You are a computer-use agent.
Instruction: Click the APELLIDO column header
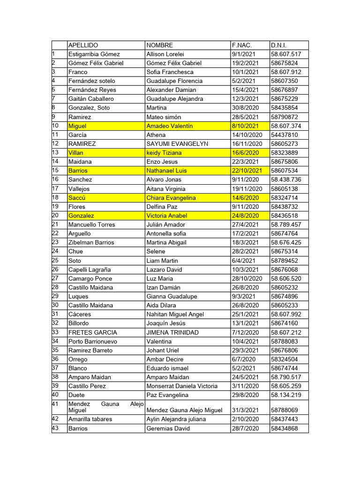[x=83, y=45]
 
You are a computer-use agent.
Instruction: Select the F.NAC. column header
[x=241, y=45]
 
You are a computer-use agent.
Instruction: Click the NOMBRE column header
[x=159, y=45]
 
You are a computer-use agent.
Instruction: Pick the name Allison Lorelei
[x=165, y=54]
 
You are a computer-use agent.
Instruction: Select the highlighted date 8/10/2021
[x=245, y=126]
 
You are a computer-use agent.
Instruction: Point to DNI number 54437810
[x=284, y=135]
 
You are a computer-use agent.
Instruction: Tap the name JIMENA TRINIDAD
[x=172, y=332]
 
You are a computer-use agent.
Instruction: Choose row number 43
[x=56, y=428]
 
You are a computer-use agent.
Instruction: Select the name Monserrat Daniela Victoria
[x=182, y=386]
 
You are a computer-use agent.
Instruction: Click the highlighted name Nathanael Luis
[x=166, y=171]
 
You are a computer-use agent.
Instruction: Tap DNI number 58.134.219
[x=286, y=395]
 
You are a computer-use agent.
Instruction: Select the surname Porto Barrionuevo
[x=93, y=342]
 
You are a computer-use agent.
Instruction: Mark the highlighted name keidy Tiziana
[x=164, y=153]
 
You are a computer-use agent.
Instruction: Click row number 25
[x=56, y=260]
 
